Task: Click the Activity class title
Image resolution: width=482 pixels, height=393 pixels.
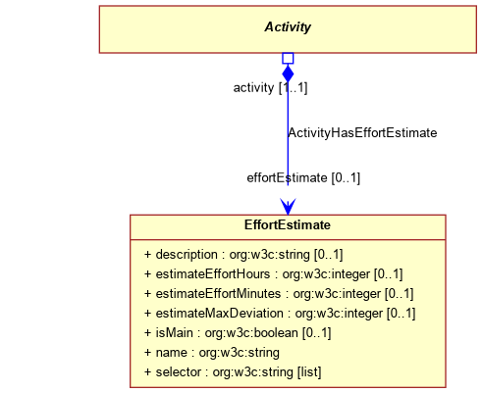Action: click(x=288, y=27)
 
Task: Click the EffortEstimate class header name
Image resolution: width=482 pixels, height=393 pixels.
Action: click(x=288, y=225)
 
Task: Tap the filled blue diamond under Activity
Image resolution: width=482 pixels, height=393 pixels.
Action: click(x=288, y=74)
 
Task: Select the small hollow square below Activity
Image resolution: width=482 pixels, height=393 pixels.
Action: click(x=288, y=59)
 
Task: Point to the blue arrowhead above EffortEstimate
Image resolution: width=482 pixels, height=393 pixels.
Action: click(x=288, y=207)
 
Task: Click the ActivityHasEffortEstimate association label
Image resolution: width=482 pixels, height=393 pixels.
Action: click(x=362, y=133)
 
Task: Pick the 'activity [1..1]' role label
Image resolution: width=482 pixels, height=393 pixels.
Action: click(x=270, y=88)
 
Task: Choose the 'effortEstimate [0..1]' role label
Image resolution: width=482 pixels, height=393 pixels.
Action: click(x=303, y=178)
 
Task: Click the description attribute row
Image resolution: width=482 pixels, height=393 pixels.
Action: click(x=243, y=255)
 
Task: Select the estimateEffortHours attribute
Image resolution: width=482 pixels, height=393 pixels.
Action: click(x=274, y=274)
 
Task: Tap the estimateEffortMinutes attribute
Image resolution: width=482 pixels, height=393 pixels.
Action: click(x=279, y=294)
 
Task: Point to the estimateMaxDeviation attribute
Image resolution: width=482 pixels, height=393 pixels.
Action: click(x=280, y=314)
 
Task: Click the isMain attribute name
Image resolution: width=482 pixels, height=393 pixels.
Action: click(x=175, y=333)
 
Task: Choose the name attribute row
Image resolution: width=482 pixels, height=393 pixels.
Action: click(x=212, y=353)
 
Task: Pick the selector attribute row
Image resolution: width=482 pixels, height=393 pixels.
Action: click(x=233, y=372)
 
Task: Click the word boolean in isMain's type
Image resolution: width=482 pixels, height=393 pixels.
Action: click(x=276, y=333)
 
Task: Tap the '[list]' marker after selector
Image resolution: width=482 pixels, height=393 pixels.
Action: click(x=309, y=372)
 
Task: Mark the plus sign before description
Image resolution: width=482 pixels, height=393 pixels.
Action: click(x=148, y=255)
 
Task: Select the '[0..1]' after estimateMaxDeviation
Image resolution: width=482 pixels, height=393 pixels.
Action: click(x=402, y=314)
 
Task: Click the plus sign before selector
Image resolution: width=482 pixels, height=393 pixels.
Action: click(x=148, y=372)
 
